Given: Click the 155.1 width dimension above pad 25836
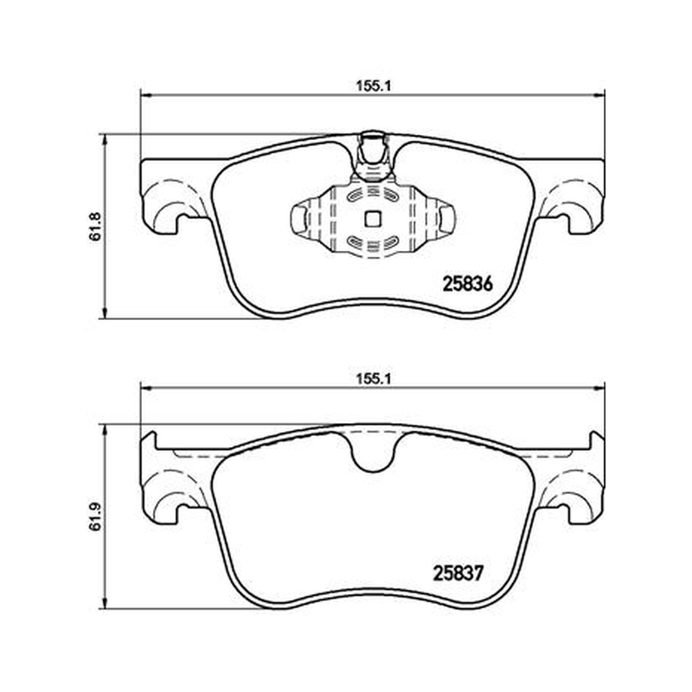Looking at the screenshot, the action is click(374, 86).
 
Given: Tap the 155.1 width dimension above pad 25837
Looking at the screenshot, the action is click(374, 379).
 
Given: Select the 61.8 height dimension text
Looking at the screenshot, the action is click(95, 227).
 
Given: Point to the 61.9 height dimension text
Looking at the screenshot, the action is click(95, 516).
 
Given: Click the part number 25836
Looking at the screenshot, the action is click(467, 285).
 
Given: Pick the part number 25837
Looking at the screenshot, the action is click(458, 573).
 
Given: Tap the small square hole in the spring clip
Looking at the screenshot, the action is click(373, 219).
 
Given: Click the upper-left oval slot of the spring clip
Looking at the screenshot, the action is click(355, 195).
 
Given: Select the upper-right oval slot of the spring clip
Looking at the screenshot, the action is click(391, 195).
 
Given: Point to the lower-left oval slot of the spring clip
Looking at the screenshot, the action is click(355, 241).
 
